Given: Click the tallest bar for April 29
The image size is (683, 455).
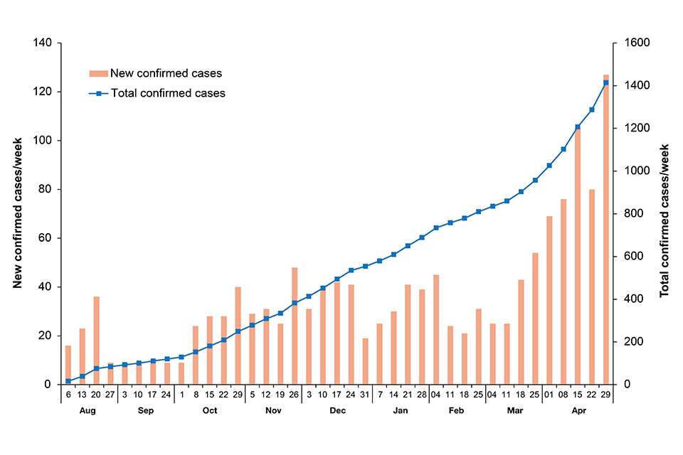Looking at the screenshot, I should (605, 235).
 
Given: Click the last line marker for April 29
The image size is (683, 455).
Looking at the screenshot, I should (605, 83).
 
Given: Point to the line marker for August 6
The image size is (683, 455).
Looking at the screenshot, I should (68, 381).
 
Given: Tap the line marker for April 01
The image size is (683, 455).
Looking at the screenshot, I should (549, 166).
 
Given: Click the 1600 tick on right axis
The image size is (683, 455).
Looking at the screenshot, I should (636, 43).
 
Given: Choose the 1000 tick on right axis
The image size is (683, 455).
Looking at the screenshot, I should (636, 171).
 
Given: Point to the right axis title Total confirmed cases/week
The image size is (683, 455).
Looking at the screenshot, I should (665, 213).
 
